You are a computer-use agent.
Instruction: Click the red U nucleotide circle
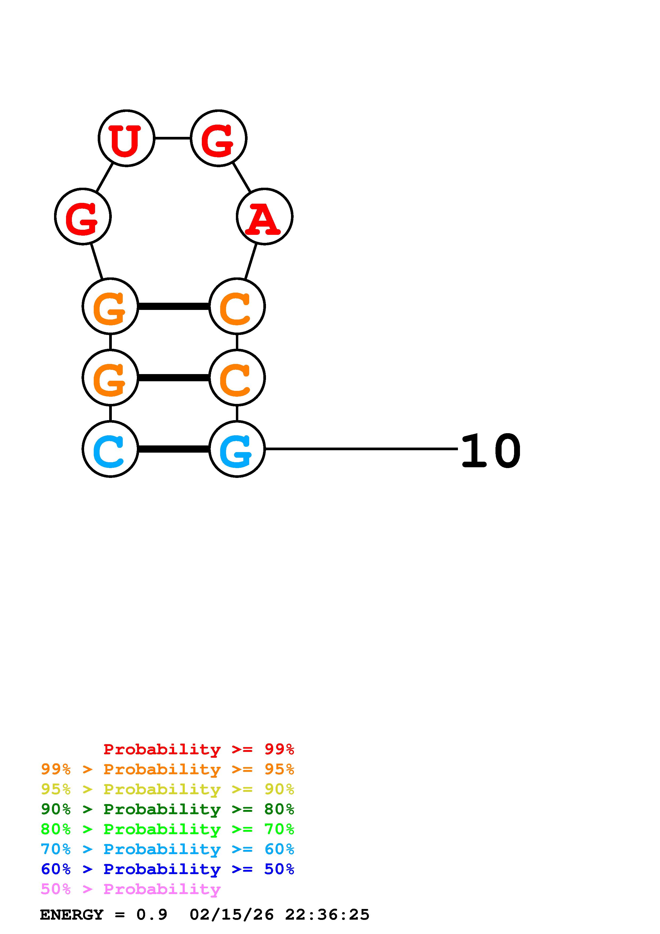pos(126,138)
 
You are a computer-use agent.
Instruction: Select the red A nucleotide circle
pos(264,216)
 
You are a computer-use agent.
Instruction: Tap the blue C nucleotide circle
pos(110,449)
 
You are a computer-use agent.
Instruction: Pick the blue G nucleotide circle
pos(237,449)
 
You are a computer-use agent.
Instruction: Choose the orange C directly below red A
pos(237,306)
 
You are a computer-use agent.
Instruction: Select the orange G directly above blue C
pos(110,378)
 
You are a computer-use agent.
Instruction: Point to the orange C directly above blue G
pos(237,378)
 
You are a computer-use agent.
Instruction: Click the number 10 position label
pos(491,451)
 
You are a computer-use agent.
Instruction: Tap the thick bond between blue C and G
pos(174,449)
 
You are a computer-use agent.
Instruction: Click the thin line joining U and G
pos(173,138)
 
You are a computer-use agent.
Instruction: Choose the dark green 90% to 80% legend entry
pos(167,809)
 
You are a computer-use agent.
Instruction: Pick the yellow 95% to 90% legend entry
pos(167,789)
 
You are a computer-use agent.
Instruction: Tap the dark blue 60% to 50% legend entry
pos(167,869)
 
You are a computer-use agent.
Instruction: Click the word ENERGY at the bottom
pos(72,915)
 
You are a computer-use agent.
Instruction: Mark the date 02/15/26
pos(231,915)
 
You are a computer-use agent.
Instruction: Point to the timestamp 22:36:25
pos(327,915)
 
